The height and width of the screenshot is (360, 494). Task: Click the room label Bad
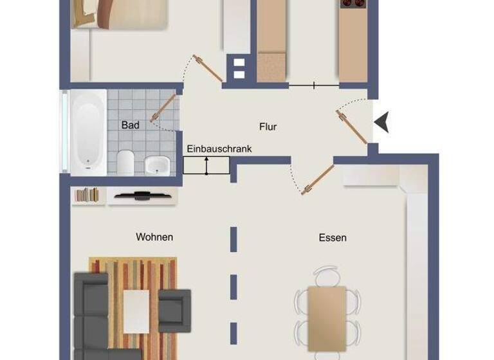130,125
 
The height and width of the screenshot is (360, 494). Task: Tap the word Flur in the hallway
268,127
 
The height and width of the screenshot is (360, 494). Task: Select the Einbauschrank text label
219,148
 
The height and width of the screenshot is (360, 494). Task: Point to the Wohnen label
154,237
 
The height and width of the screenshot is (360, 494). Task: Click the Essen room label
333,238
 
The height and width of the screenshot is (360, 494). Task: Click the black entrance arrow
382,122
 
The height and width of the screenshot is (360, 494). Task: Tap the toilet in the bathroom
126,163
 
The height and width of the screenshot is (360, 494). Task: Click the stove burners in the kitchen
352,3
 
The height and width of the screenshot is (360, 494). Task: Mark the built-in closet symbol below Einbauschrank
206,165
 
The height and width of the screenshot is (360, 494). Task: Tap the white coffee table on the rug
136,309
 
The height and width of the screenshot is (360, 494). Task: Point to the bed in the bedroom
119,13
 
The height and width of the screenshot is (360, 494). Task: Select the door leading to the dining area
319,179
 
